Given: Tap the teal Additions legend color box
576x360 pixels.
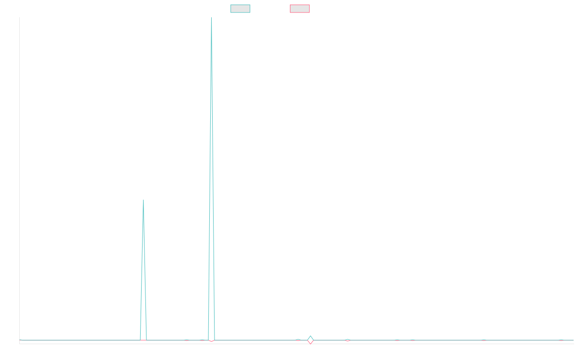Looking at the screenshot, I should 240,9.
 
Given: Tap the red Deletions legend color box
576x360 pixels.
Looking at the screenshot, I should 300,9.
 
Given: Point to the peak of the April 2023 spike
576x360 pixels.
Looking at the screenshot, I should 211,18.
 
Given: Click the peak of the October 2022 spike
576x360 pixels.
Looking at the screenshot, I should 144,200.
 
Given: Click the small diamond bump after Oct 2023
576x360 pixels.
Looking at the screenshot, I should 311,340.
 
